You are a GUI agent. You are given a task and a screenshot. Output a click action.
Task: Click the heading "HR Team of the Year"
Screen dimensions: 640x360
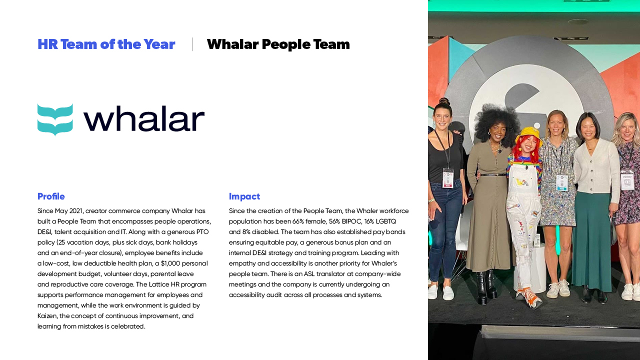point(106,44)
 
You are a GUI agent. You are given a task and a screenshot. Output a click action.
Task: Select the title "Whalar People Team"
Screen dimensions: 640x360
point(278,44)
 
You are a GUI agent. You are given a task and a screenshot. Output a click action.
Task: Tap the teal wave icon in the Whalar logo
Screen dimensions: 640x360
point(55,119)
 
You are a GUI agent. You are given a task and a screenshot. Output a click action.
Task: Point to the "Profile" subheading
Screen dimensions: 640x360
point(51,196)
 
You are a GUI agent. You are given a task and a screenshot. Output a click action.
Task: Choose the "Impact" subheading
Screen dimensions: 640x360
point(244,196)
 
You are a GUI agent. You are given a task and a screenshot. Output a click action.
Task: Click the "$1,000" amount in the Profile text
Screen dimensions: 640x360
point(170,263)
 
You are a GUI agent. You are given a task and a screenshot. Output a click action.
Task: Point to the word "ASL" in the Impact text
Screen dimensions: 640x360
point(309,274)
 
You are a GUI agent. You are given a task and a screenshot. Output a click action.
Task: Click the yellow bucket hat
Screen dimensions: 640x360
point(529,135)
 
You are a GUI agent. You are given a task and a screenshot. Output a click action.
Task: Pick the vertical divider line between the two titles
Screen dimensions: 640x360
point(192,44)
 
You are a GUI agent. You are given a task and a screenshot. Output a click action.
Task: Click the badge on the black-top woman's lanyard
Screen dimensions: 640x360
point(447,178)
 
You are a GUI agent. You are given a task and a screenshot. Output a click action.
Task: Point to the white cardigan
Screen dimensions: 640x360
point(596,168)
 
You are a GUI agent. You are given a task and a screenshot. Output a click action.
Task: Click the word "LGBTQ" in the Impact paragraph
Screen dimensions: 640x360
point(385,221)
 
